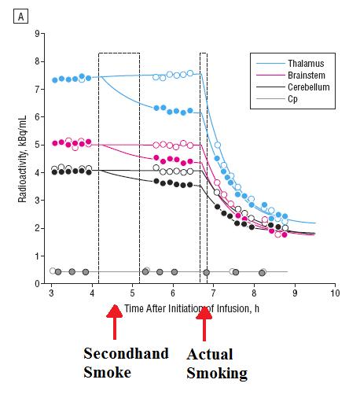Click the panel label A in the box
(9, 9)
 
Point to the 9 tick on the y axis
(35, 34)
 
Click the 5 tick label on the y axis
(35, 145)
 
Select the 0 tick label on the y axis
(35, 284)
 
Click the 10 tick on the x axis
(335, 293)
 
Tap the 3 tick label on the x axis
(51, 293)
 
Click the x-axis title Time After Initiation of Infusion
(191, 307)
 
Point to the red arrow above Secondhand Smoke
(114, 321)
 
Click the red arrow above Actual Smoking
(204, 321)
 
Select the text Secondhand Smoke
(126, 362)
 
